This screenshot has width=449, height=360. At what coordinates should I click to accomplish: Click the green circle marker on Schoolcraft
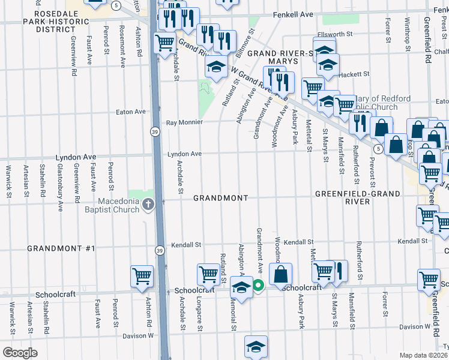point(258,286)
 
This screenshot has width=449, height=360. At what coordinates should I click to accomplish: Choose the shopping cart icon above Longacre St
point(208,274)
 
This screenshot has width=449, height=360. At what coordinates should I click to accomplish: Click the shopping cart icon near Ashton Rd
point(142,276)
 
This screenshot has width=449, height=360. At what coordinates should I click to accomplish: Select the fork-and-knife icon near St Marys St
point(339,271)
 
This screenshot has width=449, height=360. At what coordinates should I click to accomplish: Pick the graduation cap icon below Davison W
point(256,346)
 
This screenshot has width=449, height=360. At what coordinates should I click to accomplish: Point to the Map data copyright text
point(424,355)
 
